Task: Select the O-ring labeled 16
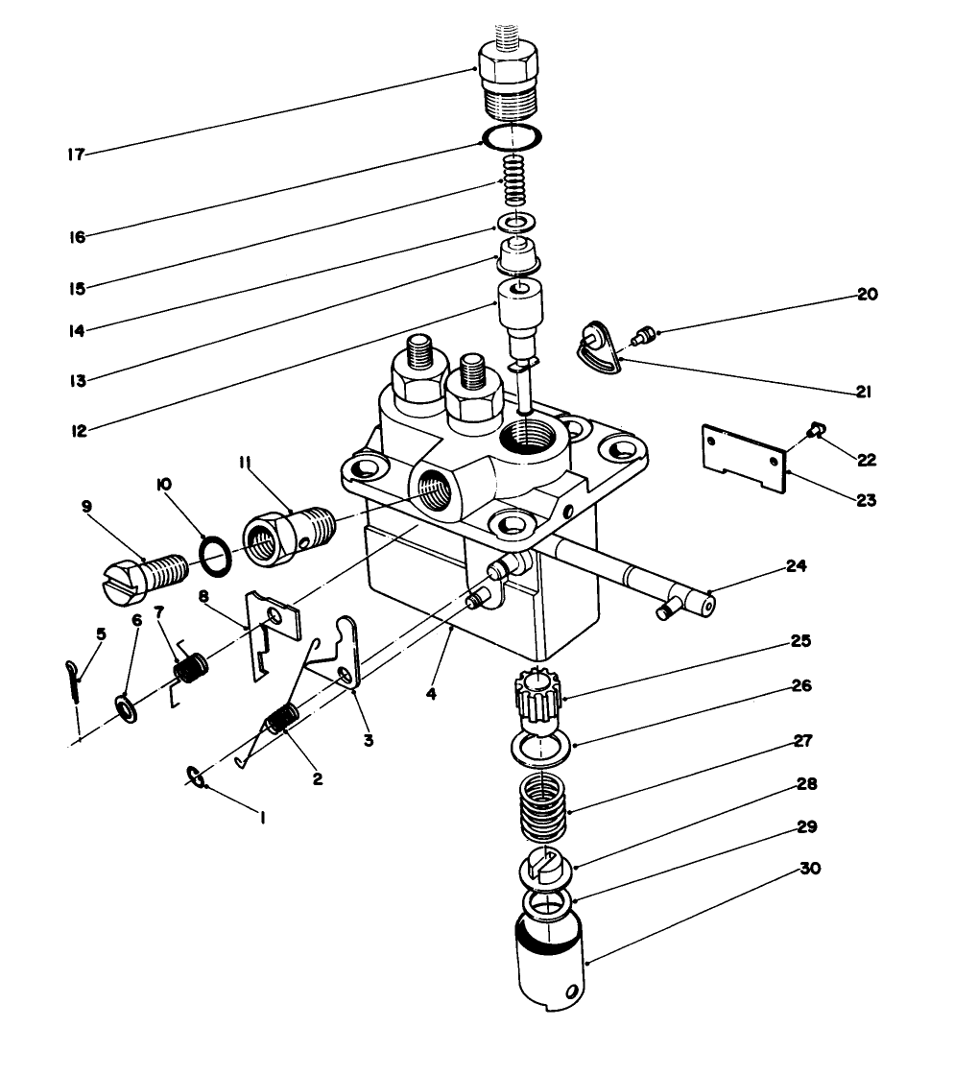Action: point(512,138)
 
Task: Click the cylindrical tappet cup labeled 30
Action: point(546,960)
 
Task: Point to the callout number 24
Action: point(795,567)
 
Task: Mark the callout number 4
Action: point(432,693)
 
